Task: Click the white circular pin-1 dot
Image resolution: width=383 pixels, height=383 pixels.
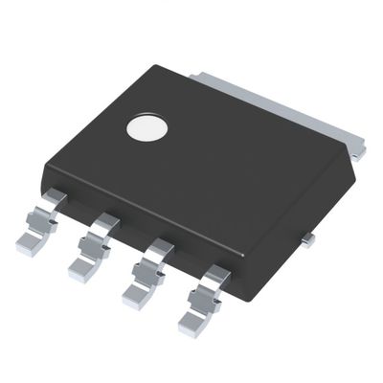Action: click(146, 128)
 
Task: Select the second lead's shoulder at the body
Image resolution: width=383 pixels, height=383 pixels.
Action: click(105, 225)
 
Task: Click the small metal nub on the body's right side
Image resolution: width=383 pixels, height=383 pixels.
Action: click(306, 240)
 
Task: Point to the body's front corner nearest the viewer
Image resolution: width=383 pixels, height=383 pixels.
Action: click(236, 297)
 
